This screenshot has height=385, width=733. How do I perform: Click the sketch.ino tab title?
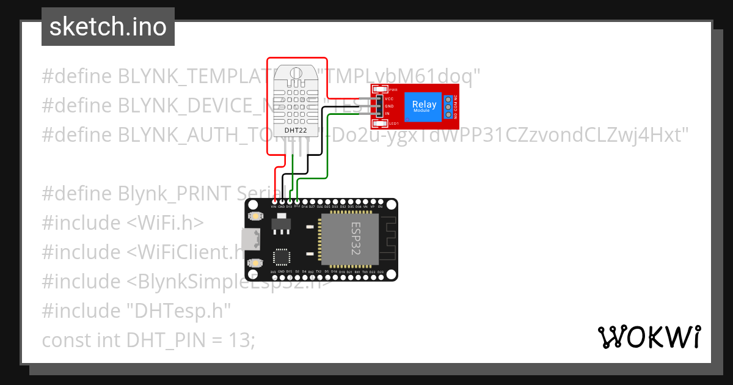pos(108,27)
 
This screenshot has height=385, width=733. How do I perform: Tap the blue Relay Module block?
pos(424,105)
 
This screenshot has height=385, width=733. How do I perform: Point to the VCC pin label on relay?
pos(389,98)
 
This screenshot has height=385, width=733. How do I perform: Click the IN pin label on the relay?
pos(387,114)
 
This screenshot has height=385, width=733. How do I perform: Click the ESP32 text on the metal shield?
pos(356,238)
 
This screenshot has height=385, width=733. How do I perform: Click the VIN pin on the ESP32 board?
pos(274,202)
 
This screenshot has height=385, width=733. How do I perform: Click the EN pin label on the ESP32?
pos(381,207)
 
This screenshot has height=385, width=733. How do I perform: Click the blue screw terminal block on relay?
pos(448,107)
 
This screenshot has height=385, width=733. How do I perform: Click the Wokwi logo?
pos(649,337)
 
